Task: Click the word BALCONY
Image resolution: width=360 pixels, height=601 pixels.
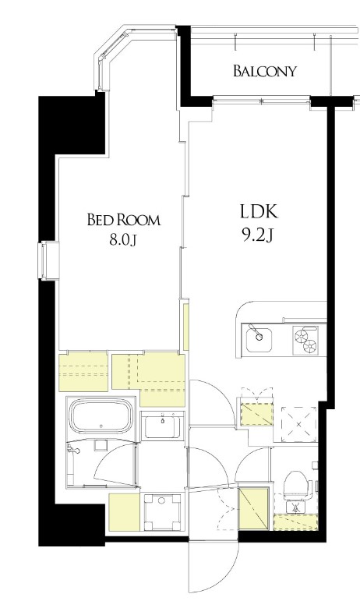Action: point(265,71)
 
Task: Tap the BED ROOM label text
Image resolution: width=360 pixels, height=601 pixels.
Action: point(124,220)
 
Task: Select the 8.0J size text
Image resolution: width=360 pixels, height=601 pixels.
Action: point(123,240)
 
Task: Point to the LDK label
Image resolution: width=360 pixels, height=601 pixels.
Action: point(259,211)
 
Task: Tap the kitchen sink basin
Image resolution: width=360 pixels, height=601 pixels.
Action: point(259,340)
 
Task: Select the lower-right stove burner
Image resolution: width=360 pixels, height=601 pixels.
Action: point(310,346)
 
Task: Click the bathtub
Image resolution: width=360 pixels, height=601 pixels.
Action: point(101,416)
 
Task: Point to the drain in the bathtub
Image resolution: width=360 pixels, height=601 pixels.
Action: point(101,426)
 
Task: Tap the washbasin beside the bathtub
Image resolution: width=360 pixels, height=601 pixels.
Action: point(162,426)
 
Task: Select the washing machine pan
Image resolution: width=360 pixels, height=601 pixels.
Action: point(162,511)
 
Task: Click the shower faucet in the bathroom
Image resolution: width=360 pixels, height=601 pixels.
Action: point(73,450)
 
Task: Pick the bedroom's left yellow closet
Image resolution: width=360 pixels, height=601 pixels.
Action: point(83,372)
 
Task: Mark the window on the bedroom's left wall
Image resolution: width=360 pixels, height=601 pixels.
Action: point(48,261)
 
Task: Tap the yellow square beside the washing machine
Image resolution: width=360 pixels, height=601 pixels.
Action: point(124,512)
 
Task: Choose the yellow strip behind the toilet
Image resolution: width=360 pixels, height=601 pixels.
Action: point(295,521)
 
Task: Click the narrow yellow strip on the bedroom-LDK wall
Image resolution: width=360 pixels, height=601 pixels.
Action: point(186,327)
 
